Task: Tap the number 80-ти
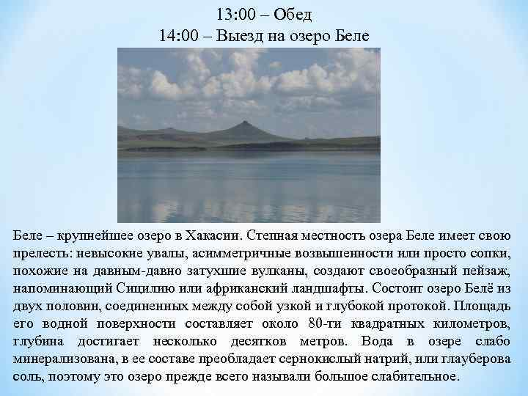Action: [325, 323]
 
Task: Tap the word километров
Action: [472, 323]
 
